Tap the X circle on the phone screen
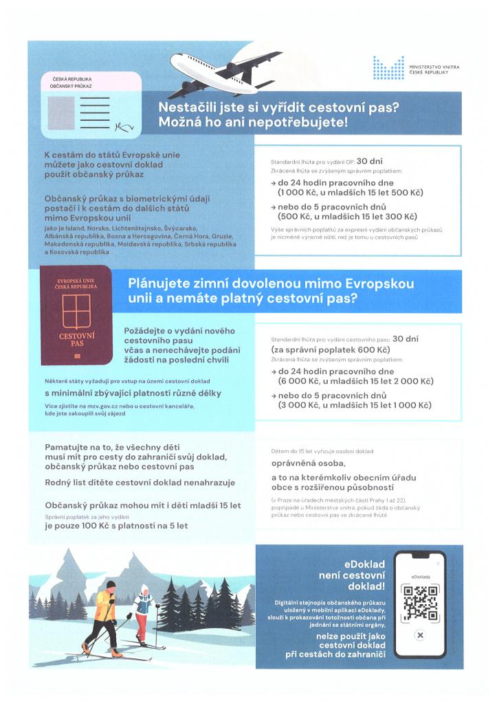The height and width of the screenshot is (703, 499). (419, 636)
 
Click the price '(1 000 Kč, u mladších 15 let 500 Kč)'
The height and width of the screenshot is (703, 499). (344, 194)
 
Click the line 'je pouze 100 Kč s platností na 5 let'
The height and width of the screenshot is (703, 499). (116, 526)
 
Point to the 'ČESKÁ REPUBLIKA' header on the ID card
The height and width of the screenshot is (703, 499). (73, 80)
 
